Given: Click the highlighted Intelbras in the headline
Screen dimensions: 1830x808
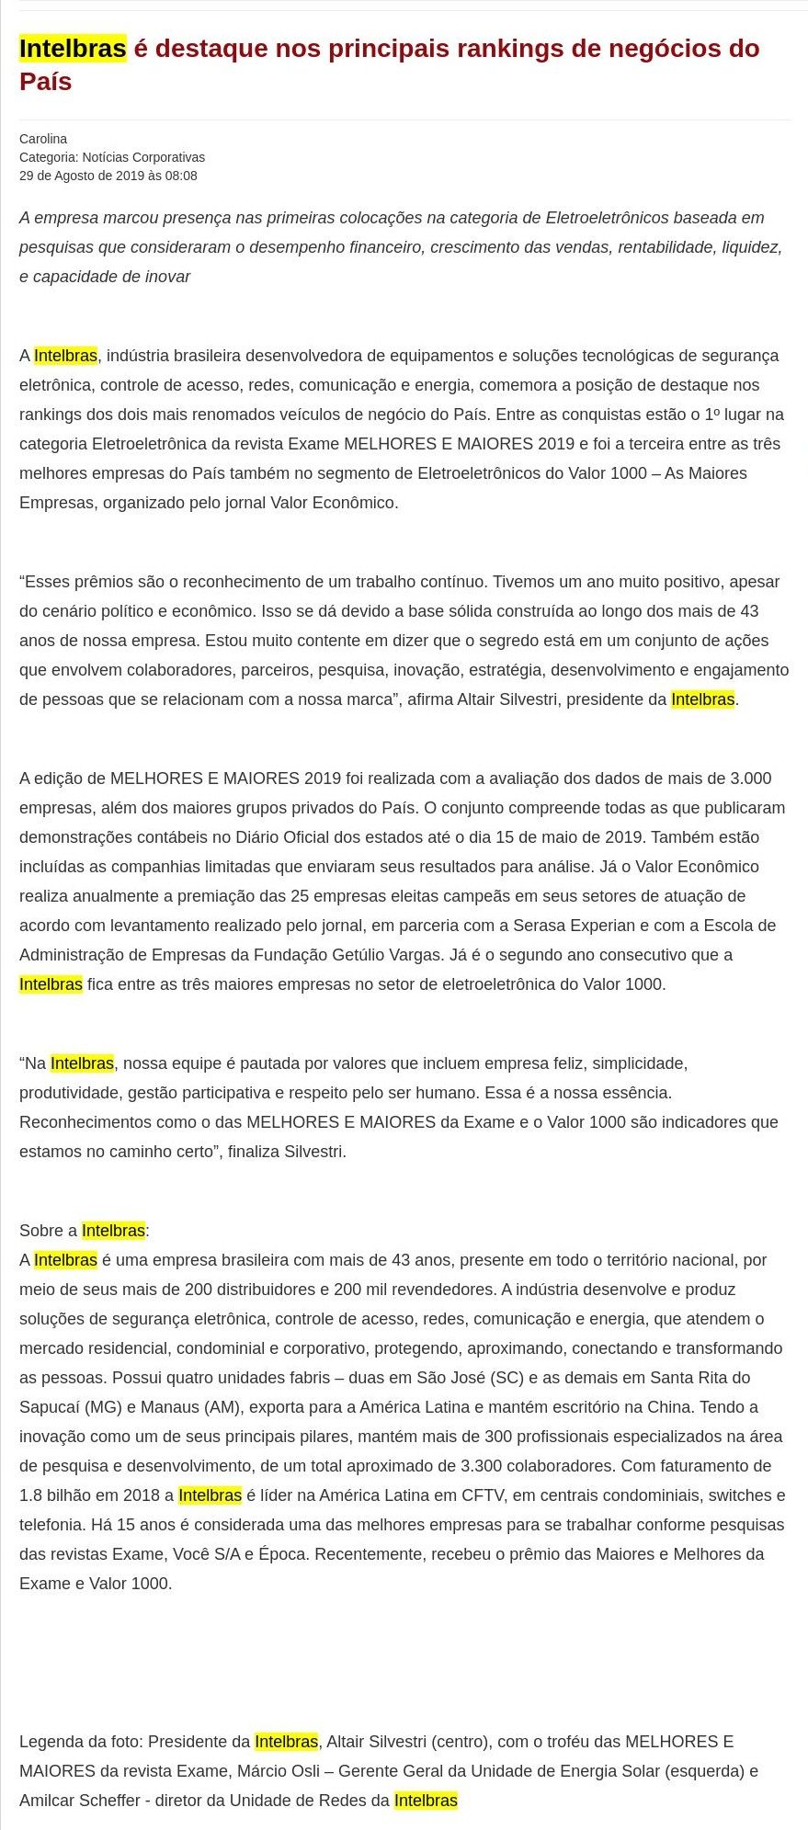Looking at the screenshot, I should click(73, 48).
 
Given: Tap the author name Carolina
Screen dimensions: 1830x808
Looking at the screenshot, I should click(43, 139).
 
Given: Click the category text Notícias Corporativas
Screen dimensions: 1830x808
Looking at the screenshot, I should click(143, 157).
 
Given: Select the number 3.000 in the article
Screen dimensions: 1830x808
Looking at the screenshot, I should click(750, 779).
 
